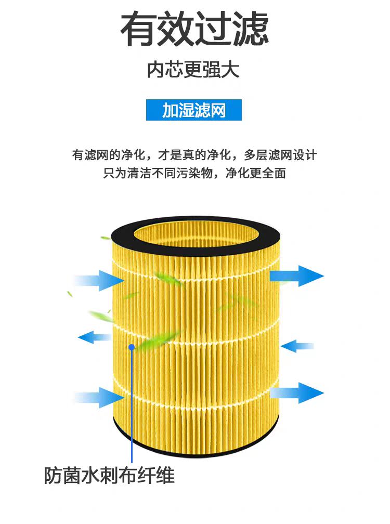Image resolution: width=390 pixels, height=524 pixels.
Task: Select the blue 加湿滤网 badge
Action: (x=194, y=110)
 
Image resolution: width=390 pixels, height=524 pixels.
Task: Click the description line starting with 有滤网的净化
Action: (x=194, y=155)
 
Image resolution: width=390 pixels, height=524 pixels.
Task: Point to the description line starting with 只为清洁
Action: (x=194, y=174)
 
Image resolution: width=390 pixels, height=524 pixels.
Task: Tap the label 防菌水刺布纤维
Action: (x=109, y=476)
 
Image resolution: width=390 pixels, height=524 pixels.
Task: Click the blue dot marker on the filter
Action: (x=132, y=347)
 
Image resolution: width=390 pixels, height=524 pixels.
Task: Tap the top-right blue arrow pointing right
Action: (x=297, y=275)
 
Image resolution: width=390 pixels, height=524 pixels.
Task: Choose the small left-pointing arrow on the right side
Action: (x=297, y=345)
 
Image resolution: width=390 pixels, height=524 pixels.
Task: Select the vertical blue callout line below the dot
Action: (x=132, y=405)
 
